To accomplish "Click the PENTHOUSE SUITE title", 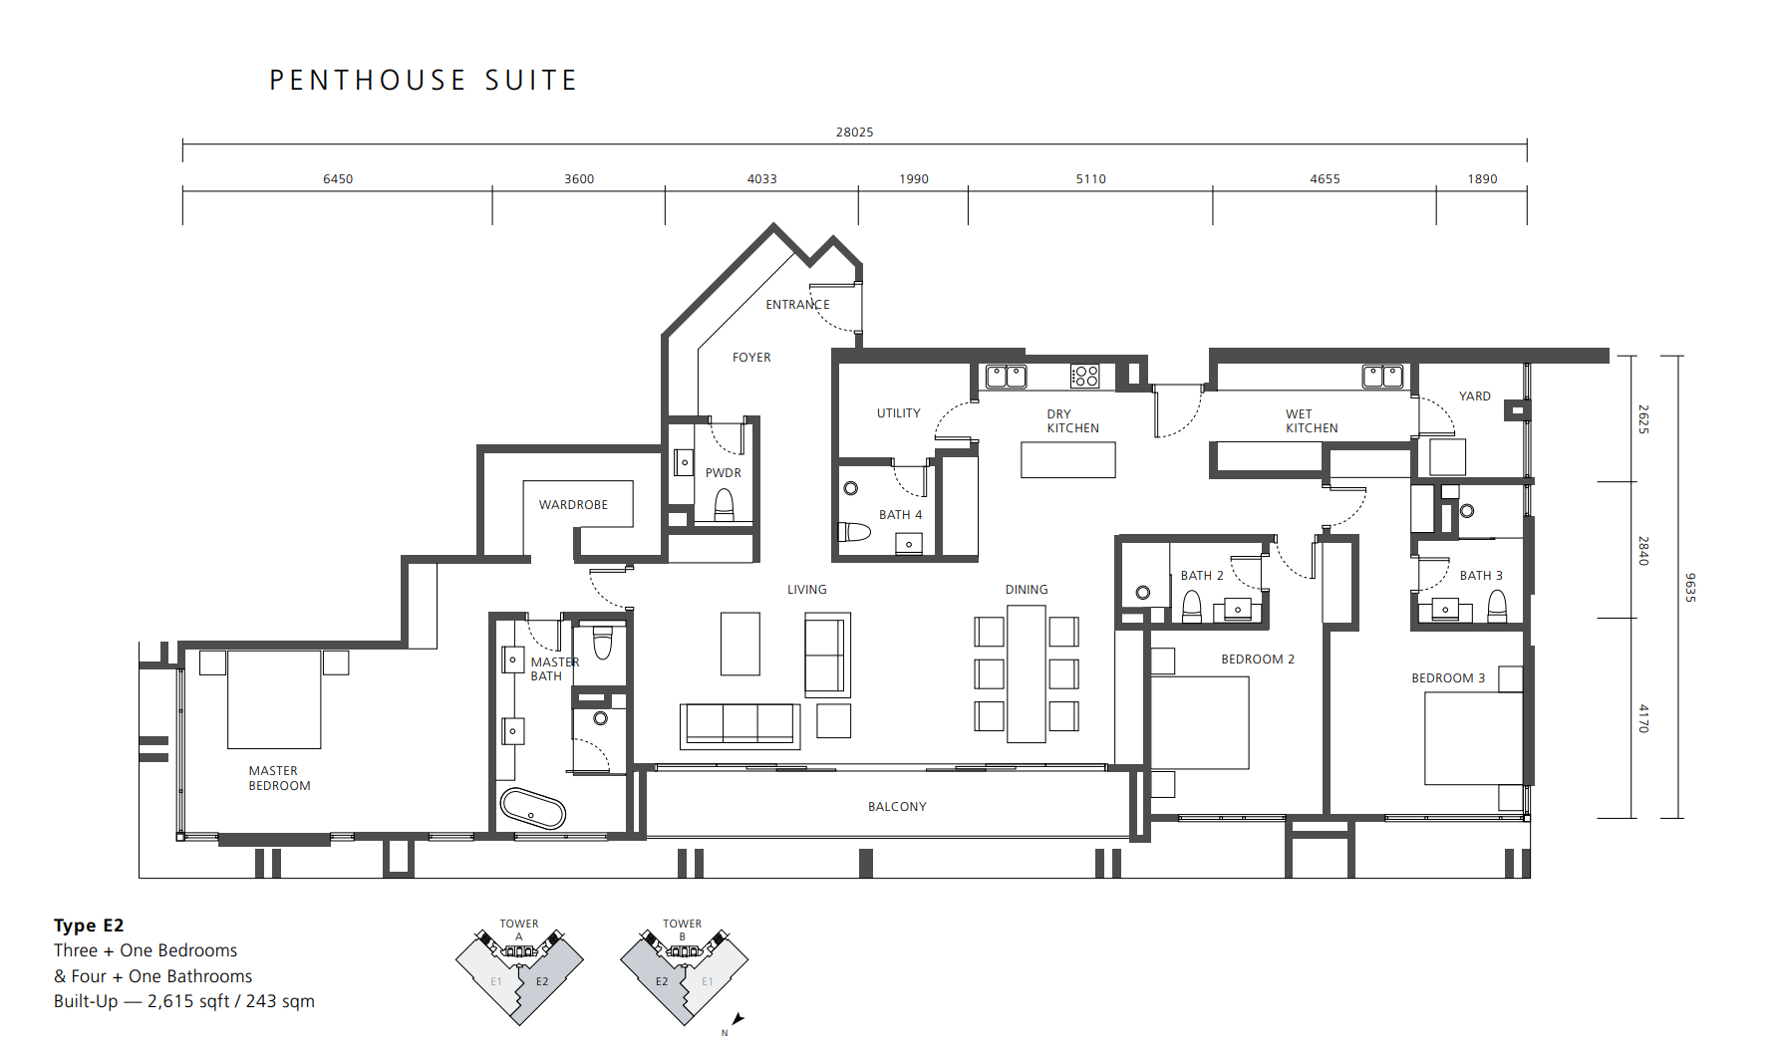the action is click(x=424, y=80).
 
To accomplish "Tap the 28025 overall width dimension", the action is click(x=854, y=132).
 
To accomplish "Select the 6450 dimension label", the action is click(x=338, y=179).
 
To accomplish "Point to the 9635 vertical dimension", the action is click(x=1690, y=587).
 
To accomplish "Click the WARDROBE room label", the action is click(x=573, y=505).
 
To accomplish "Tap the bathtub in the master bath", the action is click(x=532, y=809).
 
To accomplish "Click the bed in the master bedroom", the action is click(x=274, y=699).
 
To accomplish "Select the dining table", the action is click(x=1027, y=673).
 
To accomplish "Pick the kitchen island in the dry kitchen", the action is click(x=1068, y=460).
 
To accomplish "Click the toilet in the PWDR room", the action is click(x=725, y=506).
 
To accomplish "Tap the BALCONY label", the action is click(x=897, y=807).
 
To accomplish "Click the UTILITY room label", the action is click(x=899, y=413).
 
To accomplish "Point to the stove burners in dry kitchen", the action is click(x=1085, y=376).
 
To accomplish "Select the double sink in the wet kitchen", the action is click(x=1383, y=376).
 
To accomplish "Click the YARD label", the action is click(x=1475, y=396).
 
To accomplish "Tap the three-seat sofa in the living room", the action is click(x=740, y=726).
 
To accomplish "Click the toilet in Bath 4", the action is click(x=853, y=531).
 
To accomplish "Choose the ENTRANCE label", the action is click(x=797, y=305).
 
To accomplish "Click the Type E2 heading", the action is click(x=89, y=925).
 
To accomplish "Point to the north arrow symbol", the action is click(x=738, y=1018).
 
